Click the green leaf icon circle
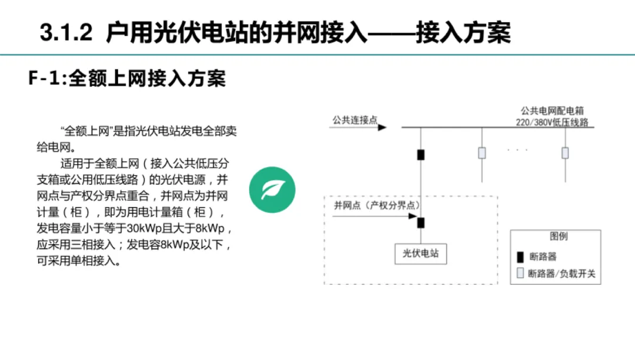(x=271, y=190)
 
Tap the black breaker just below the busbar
(x=420, y=155)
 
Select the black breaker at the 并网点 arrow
(x=421, y=223)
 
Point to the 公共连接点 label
(x=354, y=120)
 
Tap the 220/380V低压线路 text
(x=552, y=122)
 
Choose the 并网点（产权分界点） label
(x=376, y=205)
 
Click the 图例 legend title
(x=558, y=236)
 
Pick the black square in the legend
(x=520, y=257)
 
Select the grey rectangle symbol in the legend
(x=520, y=274)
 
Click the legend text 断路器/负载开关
(x=562, y=274)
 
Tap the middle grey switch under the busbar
(x=482, y=153)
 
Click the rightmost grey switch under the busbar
(x=565, y=153)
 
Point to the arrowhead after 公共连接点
(x=382, y=127)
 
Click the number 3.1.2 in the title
(x=66, y=33)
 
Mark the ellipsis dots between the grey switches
(x=517, y=151)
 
